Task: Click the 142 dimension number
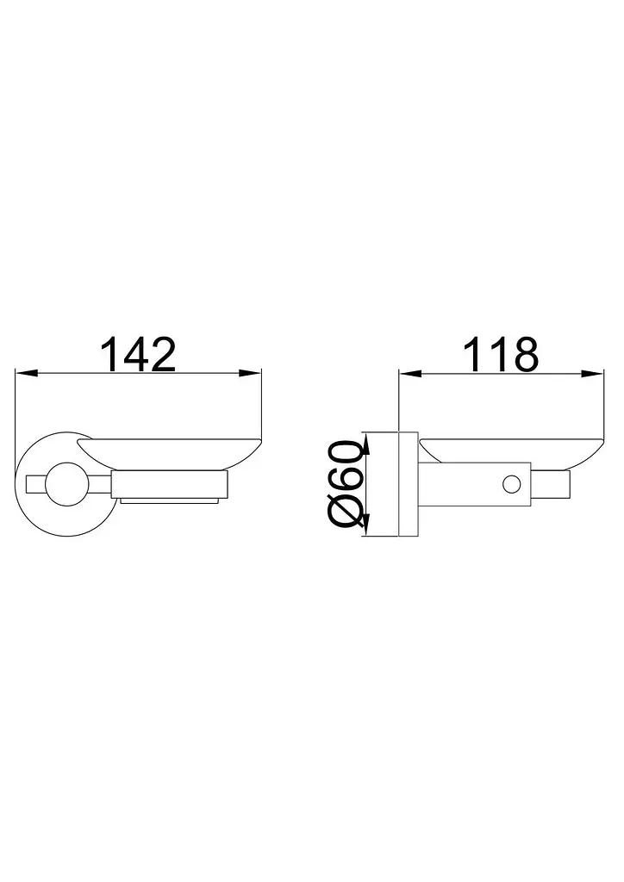138,354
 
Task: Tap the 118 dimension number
500,354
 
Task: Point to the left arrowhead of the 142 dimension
26,372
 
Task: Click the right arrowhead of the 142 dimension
251,372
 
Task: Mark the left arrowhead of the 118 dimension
410,373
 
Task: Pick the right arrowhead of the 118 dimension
592,373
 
